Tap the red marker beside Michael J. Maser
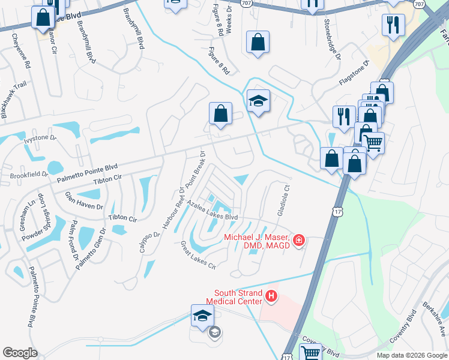298,241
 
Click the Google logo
20,353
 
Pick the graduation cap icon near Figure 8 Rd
258,100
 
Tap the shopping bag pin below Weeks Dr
258,43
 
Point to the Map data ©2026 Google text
411,355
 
